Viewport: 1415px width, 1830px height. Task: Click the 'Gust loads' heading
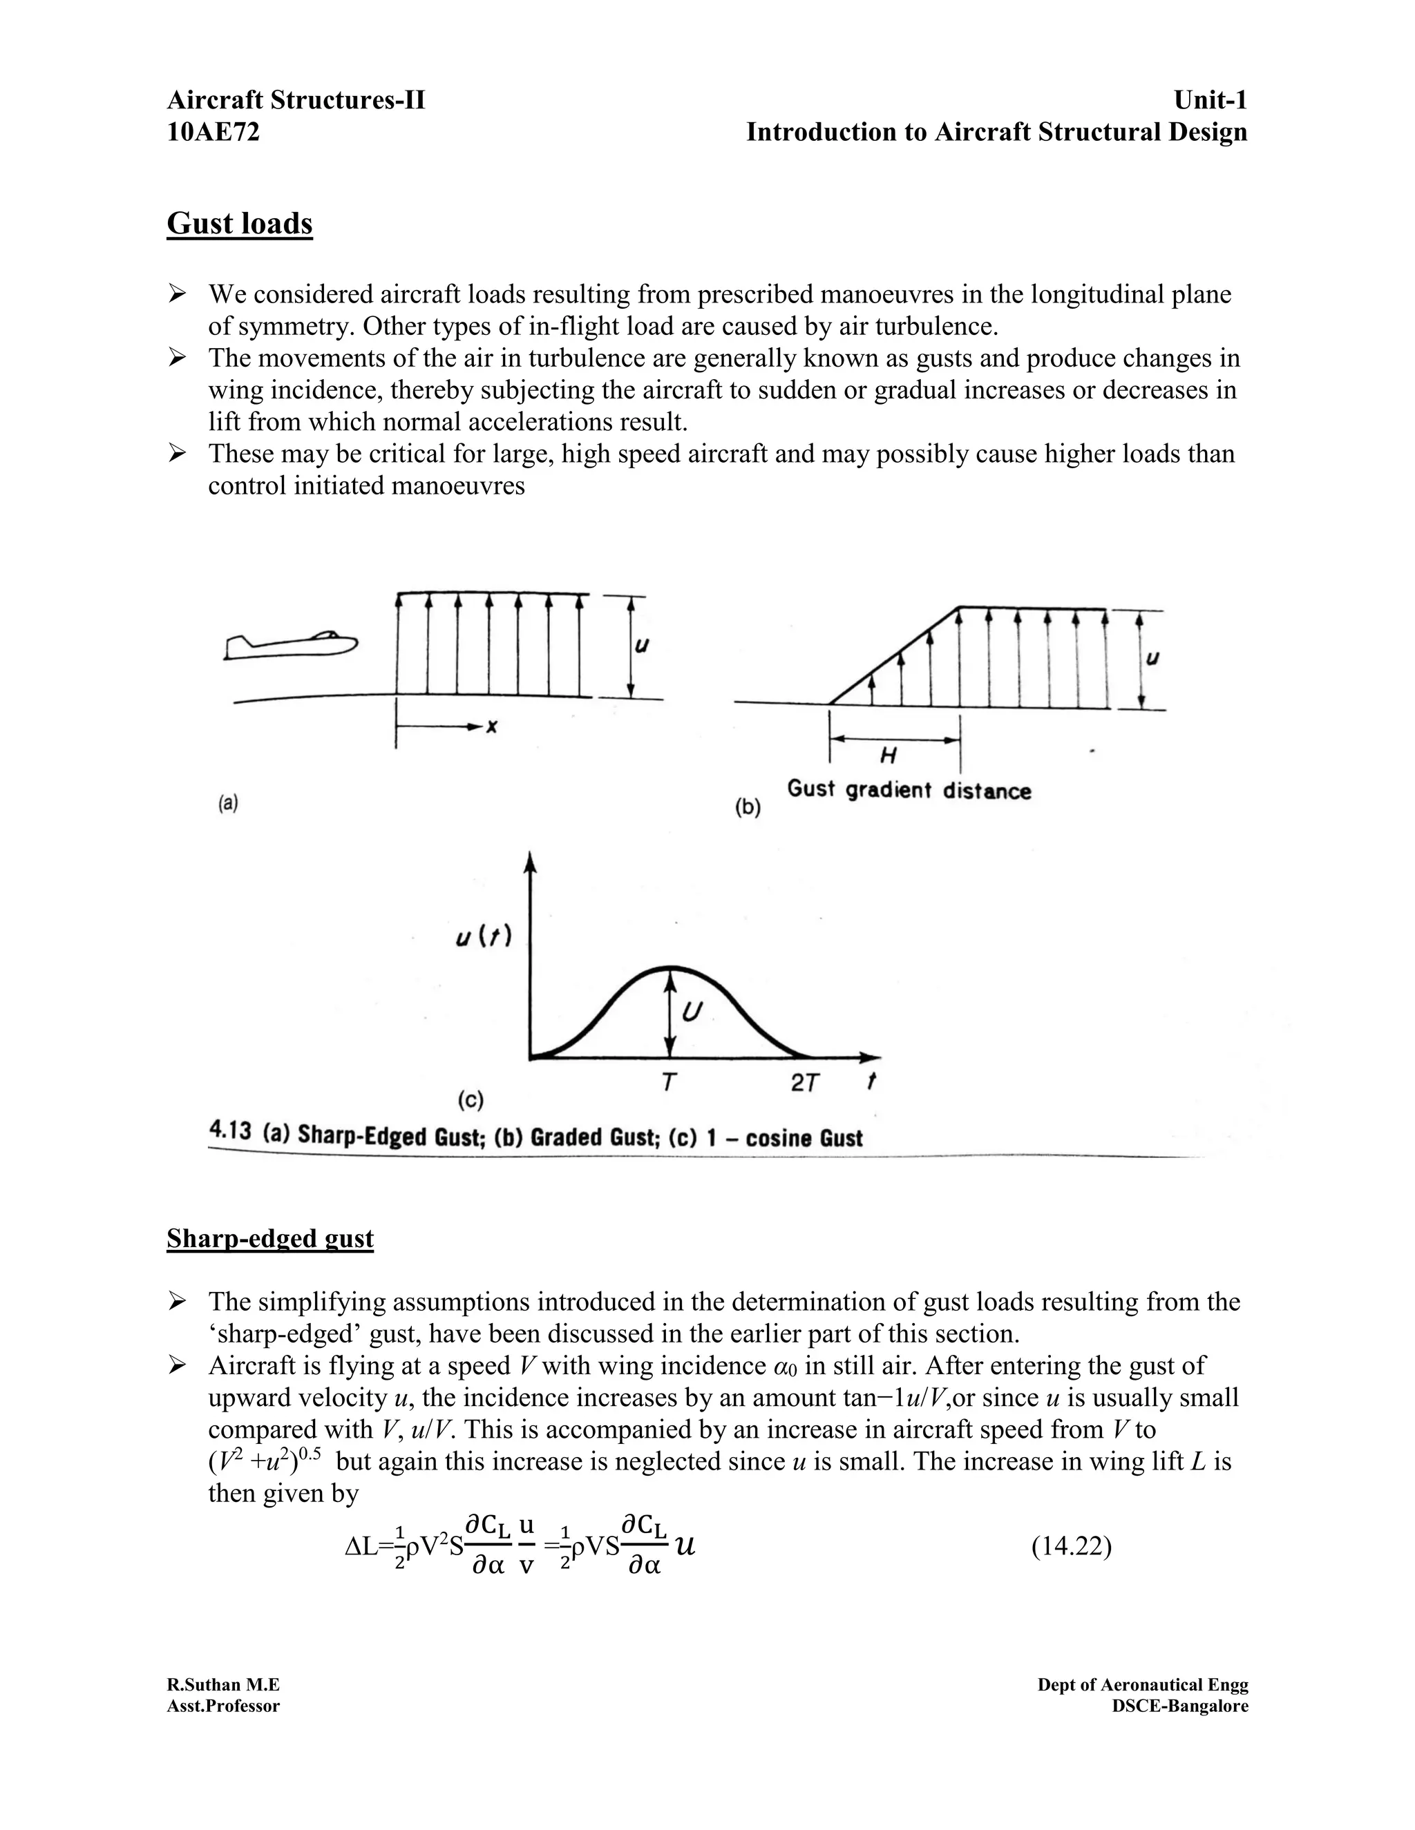coord(240,224)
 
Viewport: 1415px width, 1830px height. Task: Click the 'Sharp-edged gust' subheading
coord(270,1238)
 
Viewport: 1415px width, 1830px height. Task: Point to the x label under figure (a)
coord(492,727)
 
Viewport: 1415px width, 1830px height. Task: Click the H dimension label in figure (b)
coord(889,755)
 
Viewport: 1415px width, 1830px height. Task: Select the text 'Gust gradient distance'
coord(909,790)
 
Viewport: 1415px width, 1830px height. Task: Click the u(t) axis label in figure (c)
coord(484,938)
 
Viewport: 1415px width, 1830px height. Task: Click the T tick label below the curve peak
coord(668,1083)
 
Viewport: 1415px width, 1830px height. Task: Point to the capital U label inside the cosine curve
coord(691,1012)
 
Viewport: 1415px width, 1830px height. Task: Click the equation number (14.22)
coord(1072,1546)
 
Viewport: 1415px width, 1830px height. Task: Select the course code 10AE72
coord(213,133)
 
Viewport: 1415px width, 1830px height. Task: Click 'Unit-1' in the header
coord(1210,101)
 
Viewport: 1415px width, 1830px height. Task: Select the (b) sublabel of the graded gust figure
coord(748,808)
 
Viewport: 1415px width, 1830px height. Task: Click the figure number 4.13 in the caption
coord(229,1132)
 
